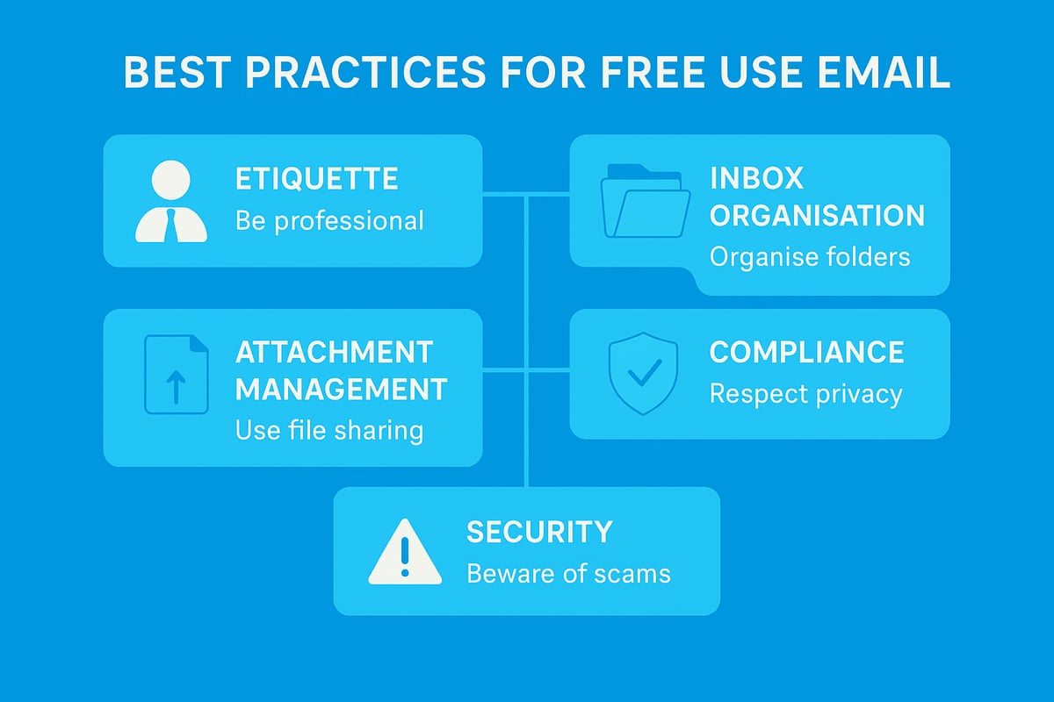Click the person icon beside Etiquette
coord(171,202)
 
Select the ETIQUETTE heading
coord(316,179)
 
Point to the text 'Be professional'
coord(329,220)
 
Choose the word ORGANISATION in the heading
coord(817,215)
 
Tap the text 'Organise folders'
coord(810,257)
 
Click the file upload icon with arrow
coord(176,374)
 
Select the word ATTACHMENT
coord(334,352)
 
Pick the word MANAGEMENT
coord(342,389)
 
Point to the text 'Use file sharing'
coord(329,431)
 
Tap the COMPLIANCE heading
coord(806,352)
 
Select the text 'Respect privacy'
coord(805,394)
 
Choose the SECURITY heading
coord(539,532)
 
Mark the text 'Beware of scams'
coord(568,574)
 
